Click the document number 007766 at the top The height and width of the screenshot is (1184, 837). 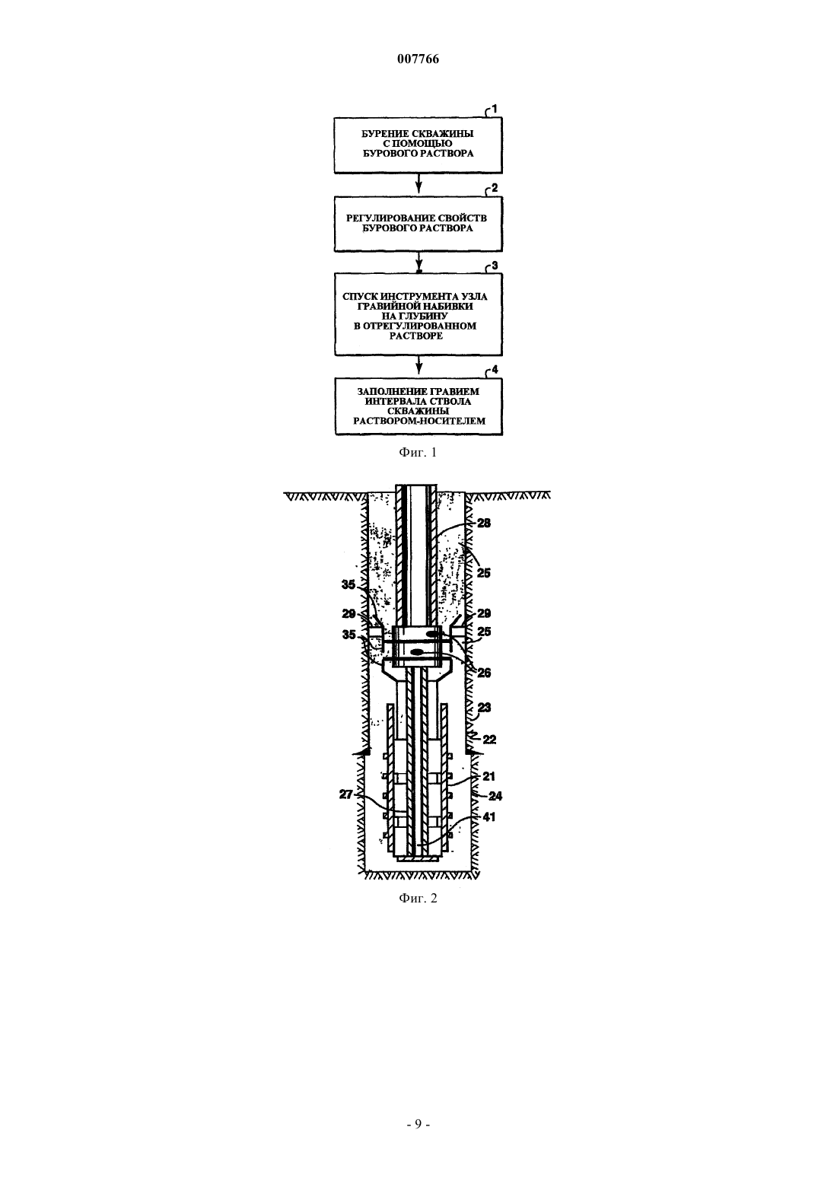[x=418, y=59]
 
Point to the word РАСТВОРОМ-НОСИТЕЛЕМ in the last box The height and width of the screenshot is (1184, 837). [x=419, y=422]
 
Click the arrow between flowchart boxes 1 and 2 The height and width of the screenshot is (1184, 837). [x=418, y=183]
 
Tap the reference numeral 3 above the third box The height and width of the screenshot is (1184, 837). [x=495, y=266]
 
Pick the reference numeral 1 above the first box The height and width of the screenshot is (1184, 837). [x=495, y=109]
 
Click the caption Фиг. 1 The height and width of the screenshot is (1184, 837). [x=418, y=453]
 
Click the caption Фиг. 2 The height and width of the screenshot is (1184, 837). [x=418, y=899]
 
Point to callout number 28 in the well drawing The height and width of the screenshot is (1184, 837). [x=484, y=523]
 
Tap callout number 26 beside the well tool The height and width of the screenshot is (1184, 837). [x=484, y=673]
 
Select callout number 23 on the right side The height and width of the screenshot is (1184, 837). [x=484, y=708]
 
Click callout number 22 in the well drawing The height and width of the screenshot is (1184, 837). [x=490, y=739]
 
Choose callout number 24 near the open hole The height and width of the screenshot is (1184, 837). [x=495, y=795]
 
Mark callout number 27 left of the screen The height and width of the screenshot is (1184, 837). [x=346, y=794]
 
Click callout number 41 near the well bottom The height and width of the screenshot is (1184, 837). [x=489, y=817]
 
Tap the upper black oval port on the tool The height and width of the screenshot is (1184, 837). [x=432, y=633]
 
